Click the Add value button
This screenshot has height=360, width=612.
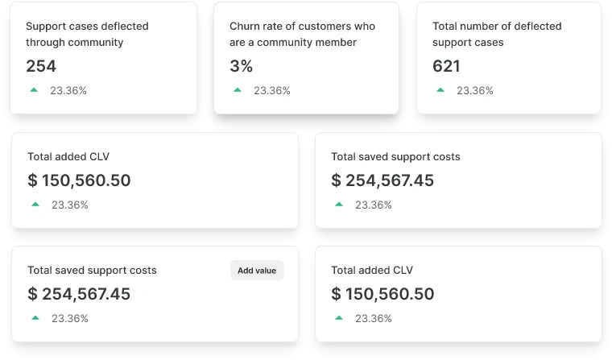(x=257, y=271)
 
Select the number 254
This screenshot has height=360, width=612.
(x=41, y=66)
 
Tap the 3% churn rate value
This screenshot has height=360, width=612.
(x=241, y=66)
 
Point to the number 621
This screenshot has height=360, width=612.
(x=446, y=66)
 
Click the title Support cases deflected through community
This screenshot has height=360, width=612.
(x=87, y=34)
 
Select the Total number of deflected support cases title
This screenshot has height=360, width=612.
(x=497, y=34)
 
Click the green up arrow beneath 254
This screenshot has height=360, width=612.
(x=34, y=90)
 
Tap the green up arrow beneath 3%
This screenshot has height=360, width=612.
(x=238, y=90)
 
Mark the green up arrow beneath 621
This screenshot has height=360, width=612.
(x=440, y=90)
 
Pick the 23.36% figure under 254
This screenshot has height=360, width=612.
(x=68, y=91)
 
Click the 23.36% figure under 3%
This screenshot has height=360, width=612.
(x=272, y=91)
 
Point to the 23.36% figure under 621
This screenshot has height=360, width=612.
(x=475, y=91)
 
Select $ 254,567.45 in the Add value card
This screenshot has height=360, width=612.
(x=79, y=294)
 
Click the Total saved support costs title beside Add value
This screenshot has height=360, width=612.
(x=92, y=271)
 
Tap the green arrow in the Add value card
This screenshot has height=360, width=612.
(x=35, y=318)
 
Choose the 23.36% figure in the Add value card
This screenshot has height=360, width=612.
(x=70, y=319)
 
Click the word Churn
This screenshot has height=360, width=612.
(x=246, y=26)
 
